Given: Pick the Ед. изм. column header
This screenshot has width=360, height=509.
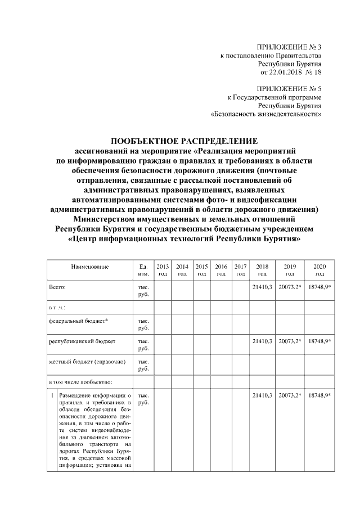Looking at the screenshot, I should point(143,270).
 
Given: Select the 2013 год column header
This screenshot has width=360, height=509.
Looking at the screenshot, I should point(163,270).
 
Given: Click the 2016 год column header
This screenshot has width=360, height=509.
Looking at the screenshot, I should point(221,270).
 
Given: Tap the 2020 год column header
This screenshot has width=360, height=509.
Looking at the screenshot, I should point(319,270).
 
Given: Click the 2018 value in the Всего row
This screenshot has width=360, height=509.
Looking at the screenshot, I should point(263,287).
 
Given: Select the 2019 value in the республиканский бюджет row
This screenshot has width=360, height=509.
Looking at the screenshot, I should point(290,341).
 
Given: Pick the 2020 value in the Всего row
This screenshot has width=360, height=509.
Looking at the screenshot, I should point(319,287).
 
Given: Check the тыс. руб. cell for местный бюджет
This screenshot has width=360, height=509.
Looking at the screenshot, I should point(143,365).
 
